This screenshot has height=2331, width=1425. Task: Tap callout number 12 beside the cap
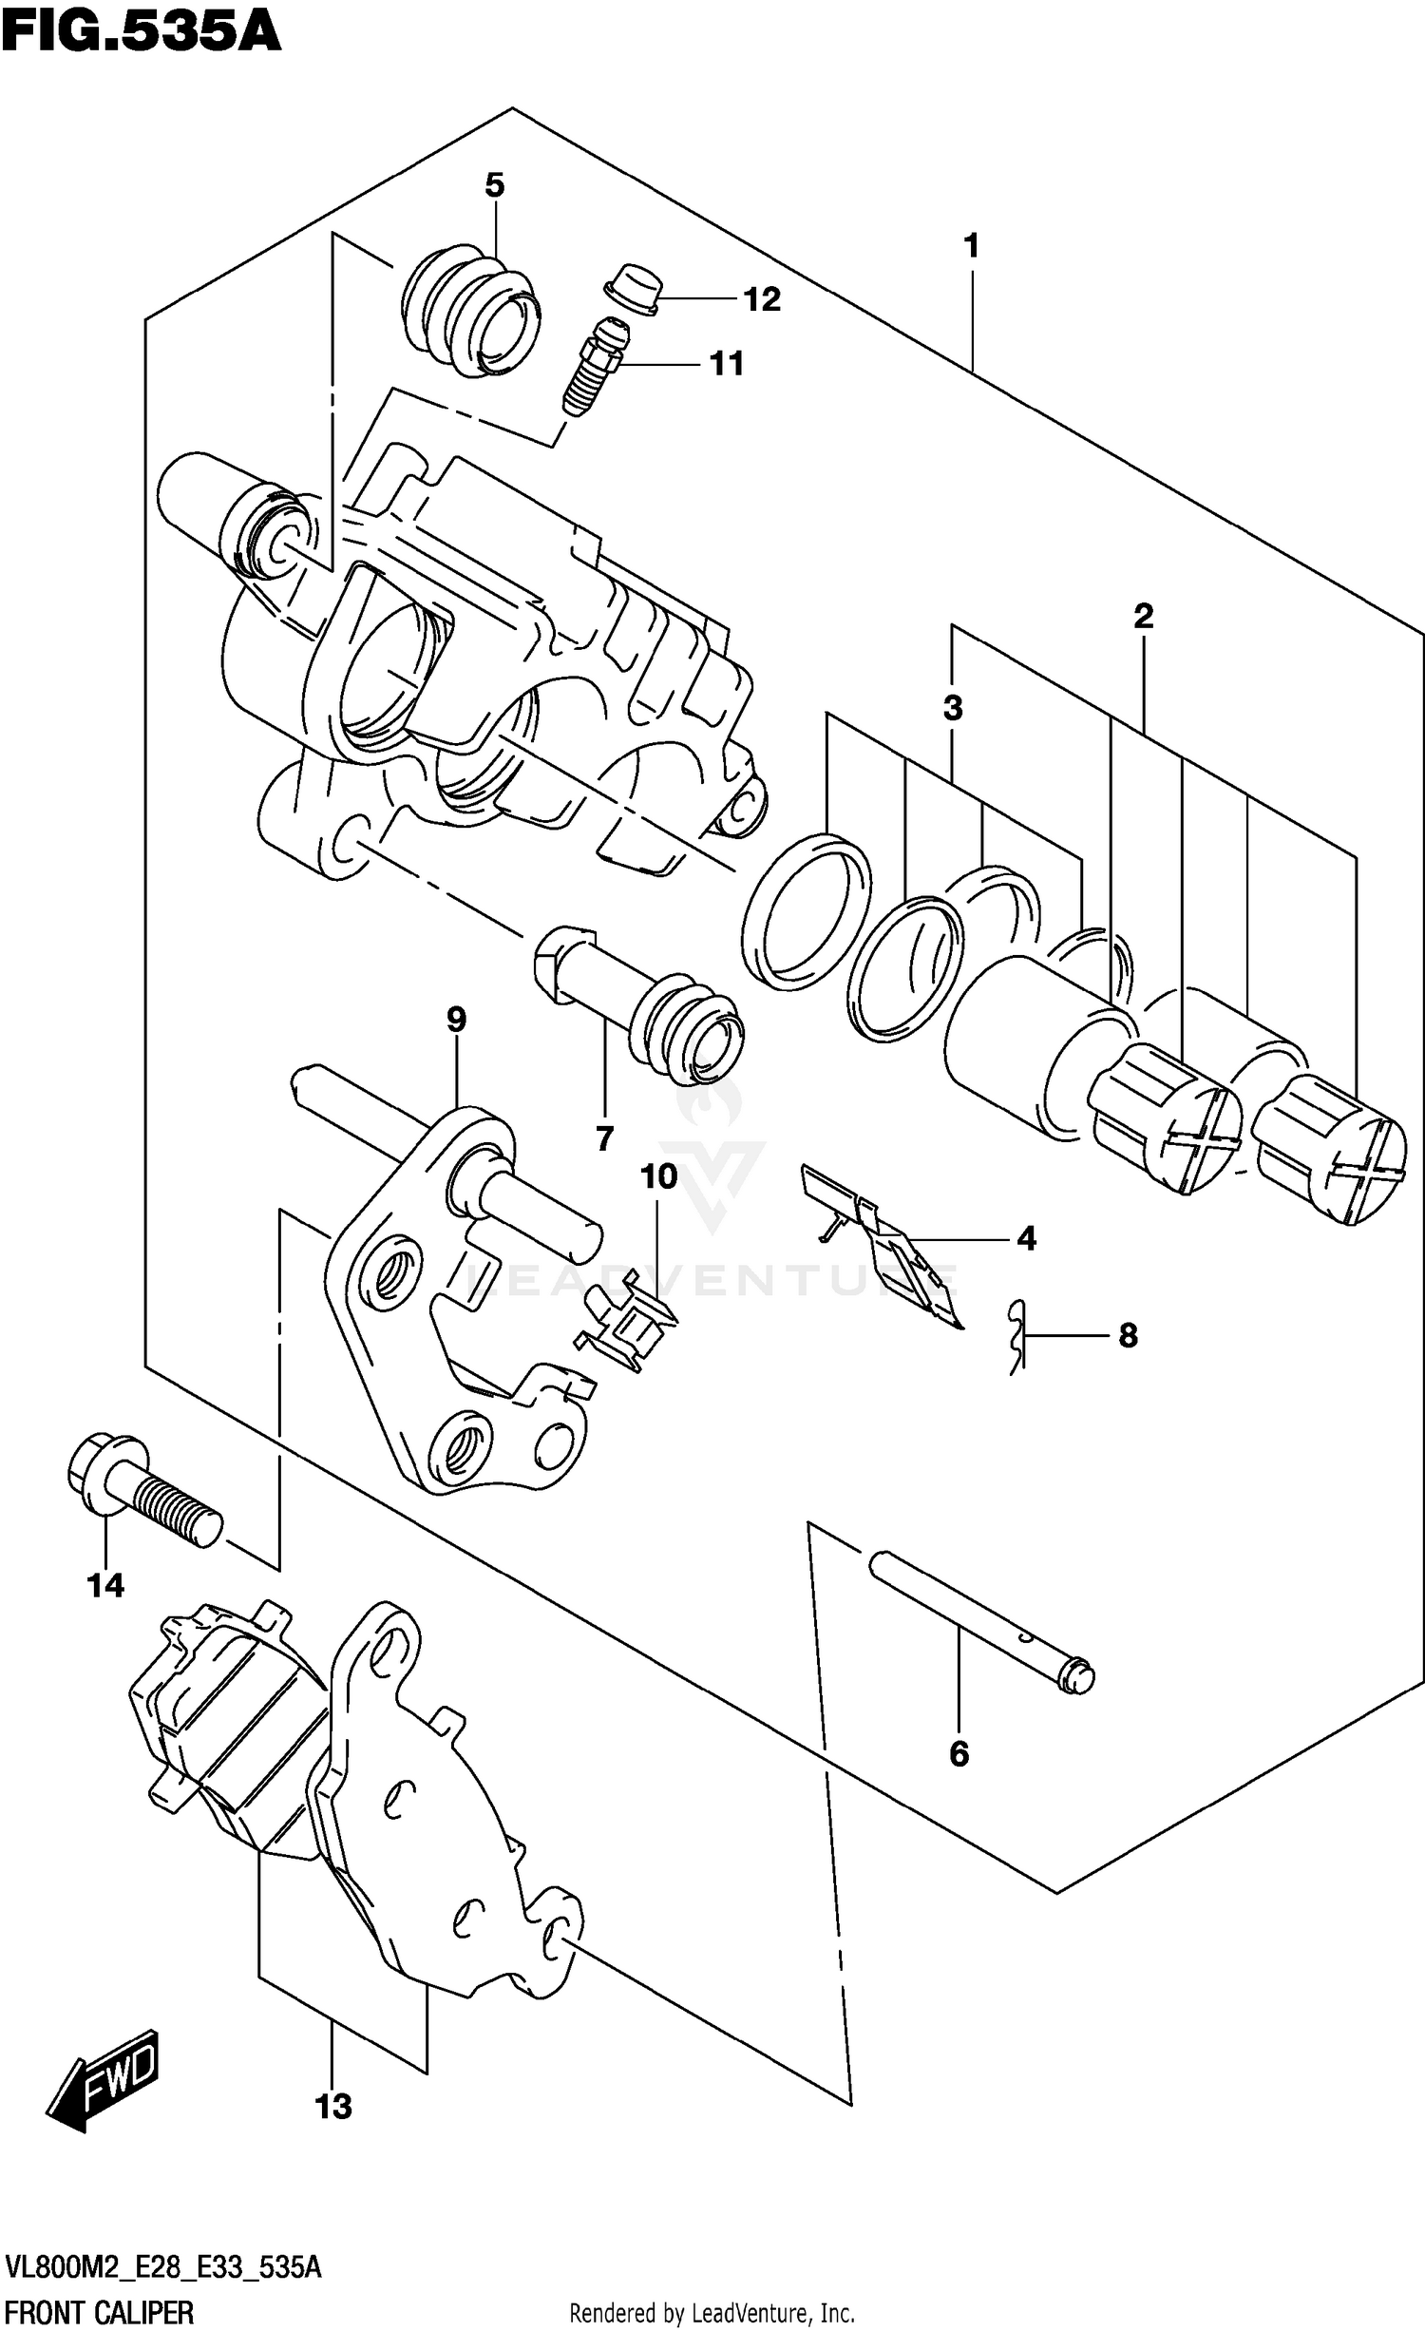[x=761, y=299]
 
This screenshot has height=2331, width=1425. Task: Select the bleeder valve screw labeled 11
[x=595, y=369]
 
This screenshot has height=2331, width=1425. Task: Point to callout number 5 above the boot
[x=494, y=185]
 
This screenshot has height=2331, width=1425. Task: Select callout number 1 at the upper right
[x=970, y=247]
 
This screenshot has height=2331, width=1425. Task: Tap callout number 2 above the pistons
[x=1143, y=616]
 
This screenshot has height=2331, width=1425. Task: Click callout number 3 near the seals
[x=953, y=708]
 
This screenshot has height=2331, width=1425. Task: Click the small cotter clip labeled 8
[x=1017, y=1336]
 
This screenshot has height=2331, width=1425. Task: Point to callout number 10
[x=658, y=1176]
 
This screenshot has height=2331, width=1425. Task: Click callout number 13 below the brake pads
[x=332, y=2107]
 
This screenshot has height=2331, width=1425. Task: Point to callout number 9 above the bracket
[x=456, y=1020]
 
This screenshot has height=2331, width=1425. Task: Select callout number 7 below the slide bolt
[x=604, y=1137]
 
